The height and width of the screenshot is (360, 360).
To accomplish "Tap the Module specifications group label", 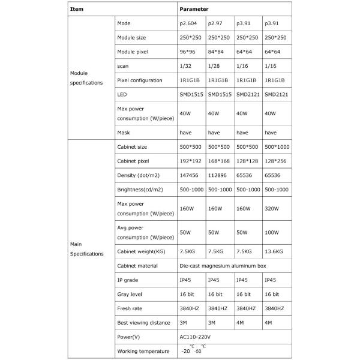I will pos(86,78).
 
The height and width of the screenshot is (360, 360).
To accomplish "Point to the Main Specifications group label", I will pos(86,249).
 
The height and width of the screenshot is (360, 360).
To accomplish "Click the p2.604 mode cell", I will pos(189,24).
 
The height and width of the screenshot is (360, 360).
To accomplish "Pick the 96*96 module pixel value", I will pos(188,52).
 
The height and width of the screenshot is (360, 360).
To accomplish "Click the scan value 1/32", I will pos(185,65).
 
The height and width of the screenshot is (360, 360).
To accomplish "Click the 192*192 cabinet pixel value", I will pos(191,161).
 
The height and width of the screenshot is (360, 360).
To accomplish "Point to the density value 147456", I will pos(190,175).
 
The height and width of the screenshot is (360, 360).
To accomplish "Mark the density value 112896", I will pos(218,175).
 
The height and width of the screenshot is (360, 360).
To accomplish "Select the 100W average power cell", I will pos(273,231).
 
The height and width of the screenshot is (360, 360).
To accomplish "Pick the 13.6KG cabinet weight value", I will pos(275,251).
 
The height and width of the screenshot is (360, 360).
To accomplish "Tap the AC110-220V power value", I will pos(196,337).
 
